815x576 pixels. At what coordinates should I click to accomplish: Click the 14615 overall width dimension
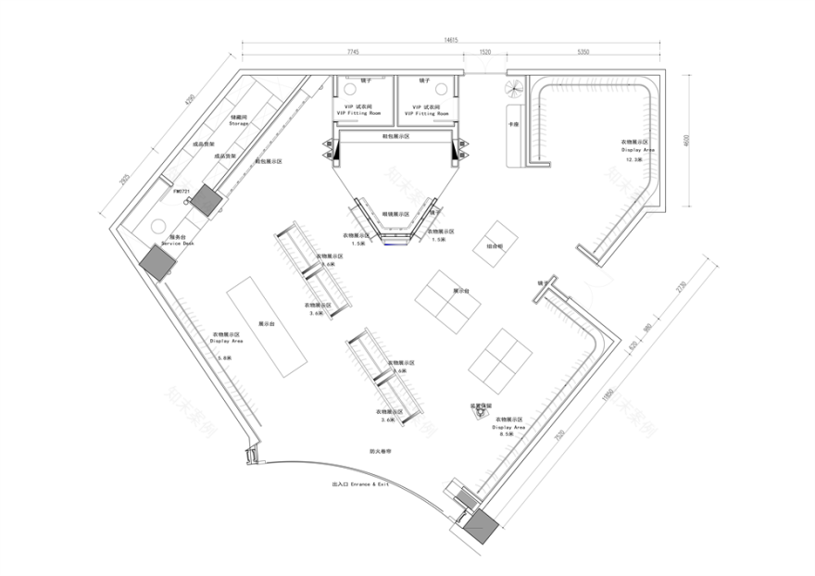click(x=451, y=40)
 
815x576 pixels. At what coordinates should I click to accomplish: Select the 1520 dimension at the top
click(x=485, y=52)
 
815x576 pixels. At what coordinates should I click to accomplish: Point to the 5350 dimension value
click(x=583, y=52)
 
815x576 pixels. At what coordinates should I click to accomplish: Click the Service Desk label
click(x=182, y=241)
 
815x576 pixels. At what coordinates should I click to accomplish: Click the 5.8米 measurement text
click(x=223, y=357)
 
